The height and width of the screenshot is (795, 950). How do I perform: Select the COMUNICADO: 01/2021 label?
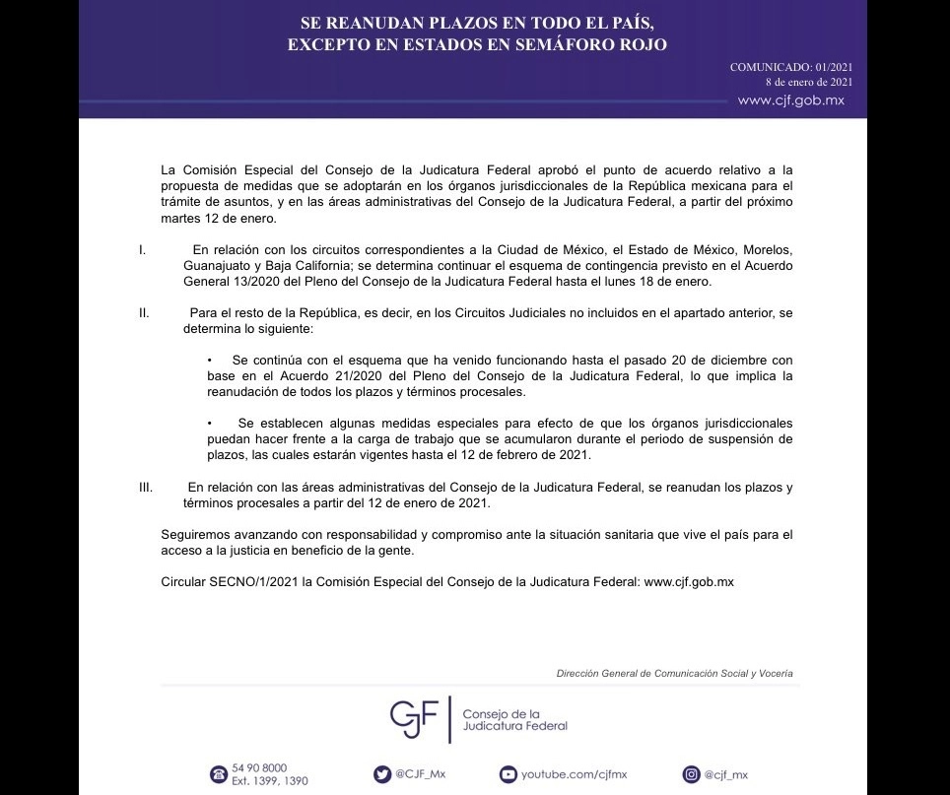tap(790, 67)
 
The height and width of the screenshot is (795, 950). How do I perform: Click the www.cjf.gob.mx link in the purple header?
tap(790, 100)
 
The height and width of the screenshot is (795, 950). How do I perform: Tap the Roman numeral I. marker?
tap(144, 250)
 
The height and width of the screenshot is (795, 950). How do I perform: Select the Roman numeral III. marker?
tap(146, 488)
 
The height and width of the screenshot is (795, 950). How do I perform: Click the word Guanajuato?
tap(216, 266)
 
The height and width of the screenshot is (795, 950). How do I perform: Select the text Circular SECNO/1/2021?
tap(230, 582)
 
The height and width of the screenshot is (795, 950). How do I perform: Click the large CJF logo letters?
tap(413, 719)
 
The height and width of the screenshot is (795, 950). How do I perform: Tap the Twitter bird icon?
tap(381, 774)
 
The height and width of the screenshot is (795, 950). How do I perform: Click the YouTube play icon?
tap(508, 774)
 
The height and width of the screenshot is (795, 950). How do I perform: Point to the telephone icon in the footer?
tap(218, 774)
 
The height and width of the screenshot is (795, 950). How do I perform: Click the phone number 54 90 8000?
tap(259, 768)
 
